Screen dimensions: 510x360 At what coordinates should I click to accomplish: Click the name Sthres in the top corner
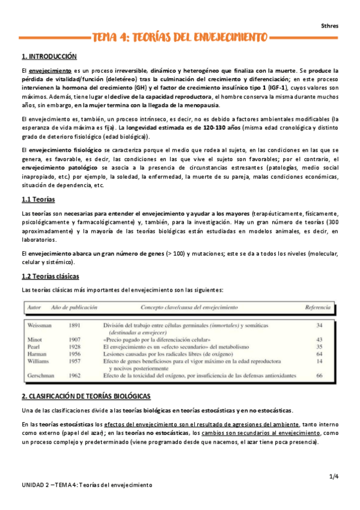coord(330,25)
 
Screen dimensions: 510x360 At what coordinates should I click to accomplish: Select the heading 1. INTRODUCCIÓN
coord(49,57)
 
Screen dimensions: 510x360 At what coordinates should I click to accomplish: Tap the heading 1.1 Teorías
coord(38,199)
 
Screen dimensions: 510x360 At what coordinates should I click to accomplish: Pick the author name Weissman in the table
coord(41,325)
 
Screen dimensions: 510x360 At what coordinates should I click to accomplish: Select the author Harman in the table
coord(38,354)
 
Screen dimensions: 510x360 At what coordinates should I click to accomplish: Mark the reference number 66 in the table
coord(319,375)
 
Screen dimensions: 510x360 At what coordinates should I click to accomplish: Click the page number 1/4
coord(334,477)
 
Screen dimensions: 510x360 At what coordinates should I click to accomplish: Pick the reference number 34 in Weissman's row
coord(319,325)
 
